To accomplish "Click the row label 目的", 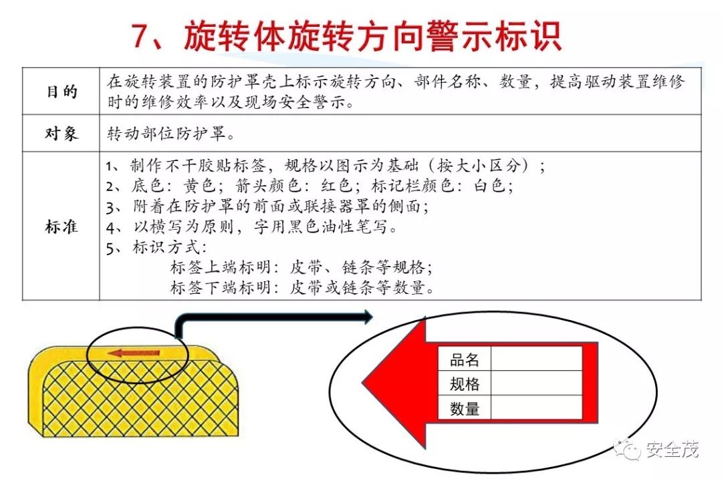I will click(62, 92).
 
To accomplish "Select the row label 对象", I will click(62, 134).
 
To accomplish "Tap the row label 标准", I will click(62, 226).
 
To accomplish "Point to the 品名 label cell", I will click(465, 360).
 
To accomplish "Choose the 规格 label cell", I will click(465, 384).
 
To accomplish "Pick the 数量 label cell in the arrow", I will click(465, 408).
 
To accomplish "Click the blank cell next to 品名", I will click(536, 359).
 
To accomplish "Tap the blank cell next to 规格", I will click(536, 383).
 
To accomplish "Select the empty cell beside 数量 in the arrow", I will click(536, 408).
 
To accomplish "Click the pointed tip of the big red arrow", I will click(366, 383).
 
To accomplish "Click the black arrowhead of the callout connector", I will click(366, 317).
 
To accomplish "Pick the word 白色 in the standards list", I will click(491, 186).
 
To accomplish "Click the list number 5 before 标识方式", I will click(110, 247).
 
